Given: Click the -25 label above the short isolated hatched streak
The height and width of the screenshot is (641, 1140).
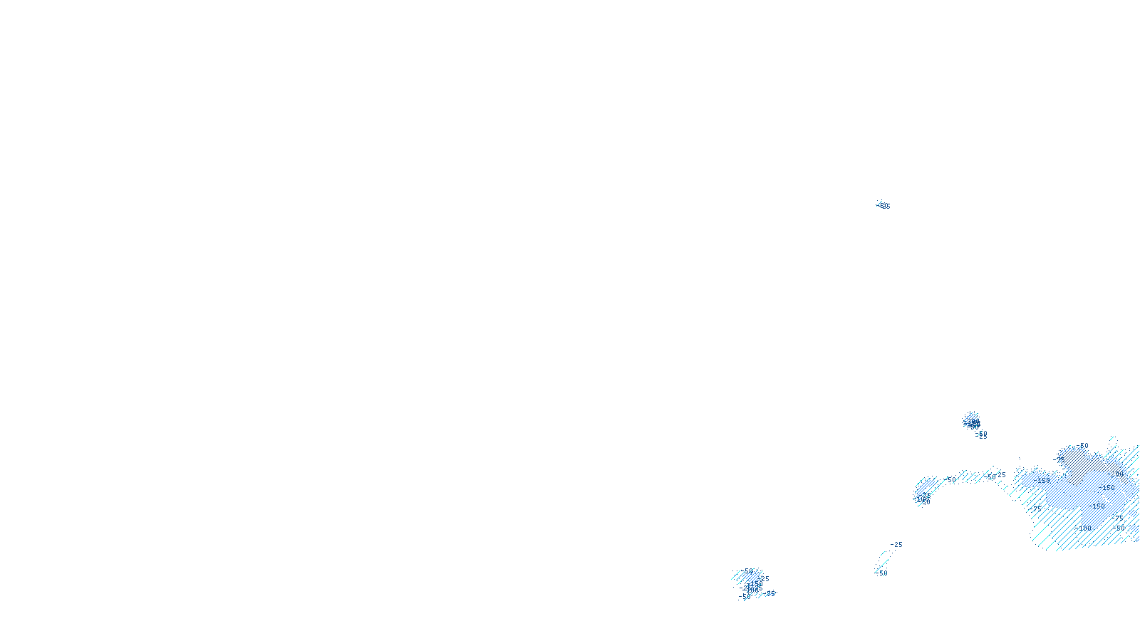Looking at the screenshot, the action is [896, 545].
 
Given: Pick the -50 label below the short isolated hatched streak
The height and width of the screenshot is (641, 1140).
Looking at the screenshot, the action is [883, 573].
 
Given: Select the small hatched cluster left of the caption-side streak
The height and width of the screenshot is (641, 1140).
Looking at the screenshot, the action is [750, 583].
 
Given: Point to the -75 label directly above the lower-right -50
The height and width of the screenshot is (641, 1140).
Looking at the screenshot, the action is [1119, 516].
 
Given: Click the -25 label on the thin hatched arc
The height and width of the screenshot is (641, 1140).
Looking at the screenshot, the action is [1001, 475].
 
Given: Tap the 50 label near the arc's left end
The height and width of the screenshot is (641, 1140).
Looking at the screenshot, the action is [952, 480].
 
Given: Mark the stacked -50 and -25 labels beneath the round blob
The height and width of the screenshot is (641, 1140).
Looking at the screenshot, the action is [982, 434].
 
